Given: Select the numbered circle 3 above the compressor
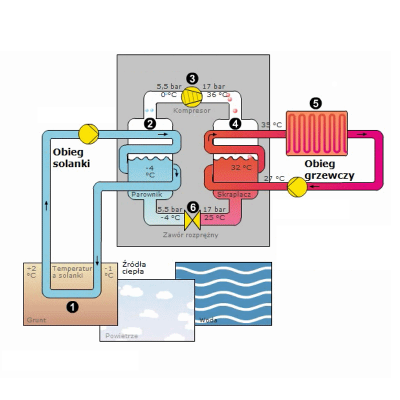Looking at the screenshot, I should pos(191,78).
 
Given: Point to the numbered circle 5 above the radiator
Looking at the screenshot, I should pos(315,103).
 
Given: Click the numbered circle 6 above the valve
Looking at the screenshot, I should pos(191,206).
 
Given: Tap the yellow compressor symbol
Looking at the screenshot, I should pos(190,94).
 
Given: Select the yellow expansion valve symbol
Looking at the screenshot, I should pos(191,218).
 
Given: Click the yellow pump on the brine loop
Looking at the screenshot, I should pos(88,134).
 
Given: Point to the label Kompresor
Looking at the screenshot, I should pos(191,110).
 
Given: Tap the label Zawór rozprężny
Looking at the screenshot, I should pos(191,234).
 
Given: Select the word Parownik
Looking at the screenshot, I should pos(145,193).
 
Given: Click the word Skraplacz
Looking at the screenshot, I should pos(234,193).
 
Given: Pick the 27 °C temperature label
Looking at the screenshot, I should pos(273,178).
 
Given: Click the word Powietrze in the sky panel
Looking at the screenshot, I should pos(121,336).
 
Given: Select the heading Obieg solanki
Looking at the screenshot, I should pos(71,157).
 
